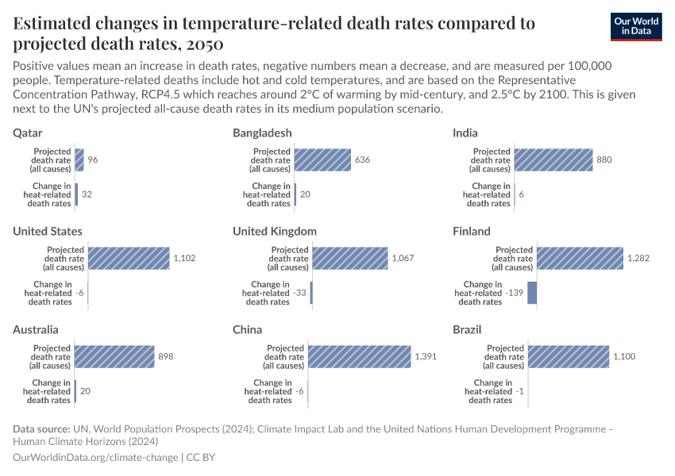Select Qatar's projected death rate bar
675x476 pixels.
pyautogui.click(x=79, y=160)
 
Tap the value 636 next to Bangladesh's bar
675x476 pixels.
pyautogui.click(x=362, y=160)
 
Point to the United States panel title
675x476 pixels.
pyautogui.click(x=48, y=231)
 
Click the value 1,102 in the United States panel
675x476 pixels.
pyautogui.click(x=184, y=259)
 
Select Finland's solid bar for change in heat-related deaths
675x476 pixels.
pyautogui.click(x=532, y=293)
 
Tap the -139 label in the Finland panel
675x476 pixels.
pyautogui.click(x=515, y=293)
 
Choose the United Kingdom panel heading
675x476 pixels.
pyautogui.click(x=275, y=231)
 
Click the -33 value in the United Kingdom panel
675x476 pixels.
pyautogui.click(x=300, y=293)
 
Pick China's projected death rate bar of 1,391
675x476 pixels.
pyautogui.click(x=360, y=357)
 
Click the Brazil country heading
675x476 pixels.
pyautogui.click(x=467, y=329)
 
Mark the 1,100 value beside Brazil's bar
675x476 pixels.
pyautogui.click(x=623, y=357)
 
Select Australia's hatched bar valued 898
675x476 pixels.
pyautogui.click(x=114, y=357)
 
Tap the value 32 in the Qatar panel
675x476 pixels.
pyautogui.click(x=87, y=194)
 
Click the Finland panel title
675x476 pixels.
pyautogui.click(x=472, y=231)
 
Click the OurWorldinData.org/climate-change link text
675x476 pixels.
pyautogui.click(x=96, y=458)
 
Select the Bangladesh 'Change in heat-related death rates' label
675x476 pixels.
pyautogui.click(x=268, y=194)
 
